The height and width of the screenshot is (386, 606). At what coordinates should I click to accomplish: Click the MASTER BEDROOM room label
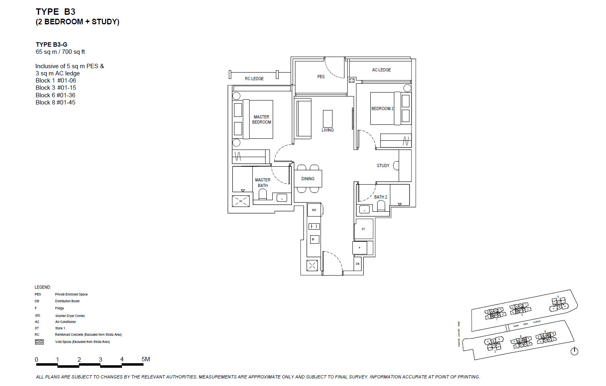tap(262, 120)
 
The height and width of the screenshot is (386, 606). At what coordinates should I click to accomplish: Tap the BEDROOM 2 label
tap(382, 108)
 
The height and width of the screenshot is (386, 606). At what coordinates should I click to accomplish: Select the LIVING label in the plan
tap(327, 130)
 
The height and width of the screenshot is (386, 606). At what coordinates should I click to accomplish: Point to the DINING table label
tap(308, 179)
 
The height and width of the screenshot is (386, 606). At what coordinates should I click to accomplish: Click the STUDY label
tap(383, 165)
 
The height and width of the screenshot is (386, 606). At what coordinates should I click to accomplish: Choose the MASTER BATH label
tap(263, 183)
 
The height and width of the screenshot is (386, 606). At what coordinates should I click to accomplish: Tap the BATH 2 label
tap(380, 197)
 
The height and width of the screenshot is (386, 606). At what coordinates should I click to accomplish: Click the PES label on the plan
tap(321, 77)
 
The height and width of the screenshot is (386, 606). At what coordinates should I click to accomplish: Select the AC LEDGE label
tap(381, 70)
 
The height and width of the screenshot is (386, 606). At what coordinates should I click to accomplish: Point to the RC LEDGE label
tap(254, 79)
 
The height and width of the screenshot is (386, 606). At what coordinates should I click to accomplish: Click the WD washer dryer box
tap(314, 210)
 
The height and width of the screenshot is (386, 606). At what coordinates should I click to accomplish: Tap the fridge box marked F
tap(360, 248)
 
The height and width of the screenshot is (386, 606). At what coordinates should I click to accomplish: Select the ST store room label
tap(363, 229)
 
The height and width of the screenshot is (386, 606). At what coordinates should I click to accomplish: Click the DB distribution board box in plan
tap(358, 264)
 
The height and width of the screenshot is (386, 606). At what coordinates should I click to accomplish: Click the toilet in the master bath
tap(262, 194)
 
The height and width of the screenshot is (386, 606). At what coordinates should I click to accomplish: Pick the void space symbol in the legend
tap(39, 342)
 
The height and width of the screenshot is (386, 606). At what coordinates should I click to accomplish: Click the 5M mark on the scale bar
tap(146, 359)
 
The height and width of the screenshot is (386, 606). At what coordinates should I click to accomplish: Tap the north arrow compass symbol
tap(574, 351)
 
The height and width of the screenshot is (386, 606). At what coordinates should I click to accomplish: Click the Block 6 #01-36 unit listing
tap(55, 95)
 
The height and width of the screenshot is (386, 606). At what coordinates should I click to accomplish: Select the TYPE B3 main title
tap(55, 12)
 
